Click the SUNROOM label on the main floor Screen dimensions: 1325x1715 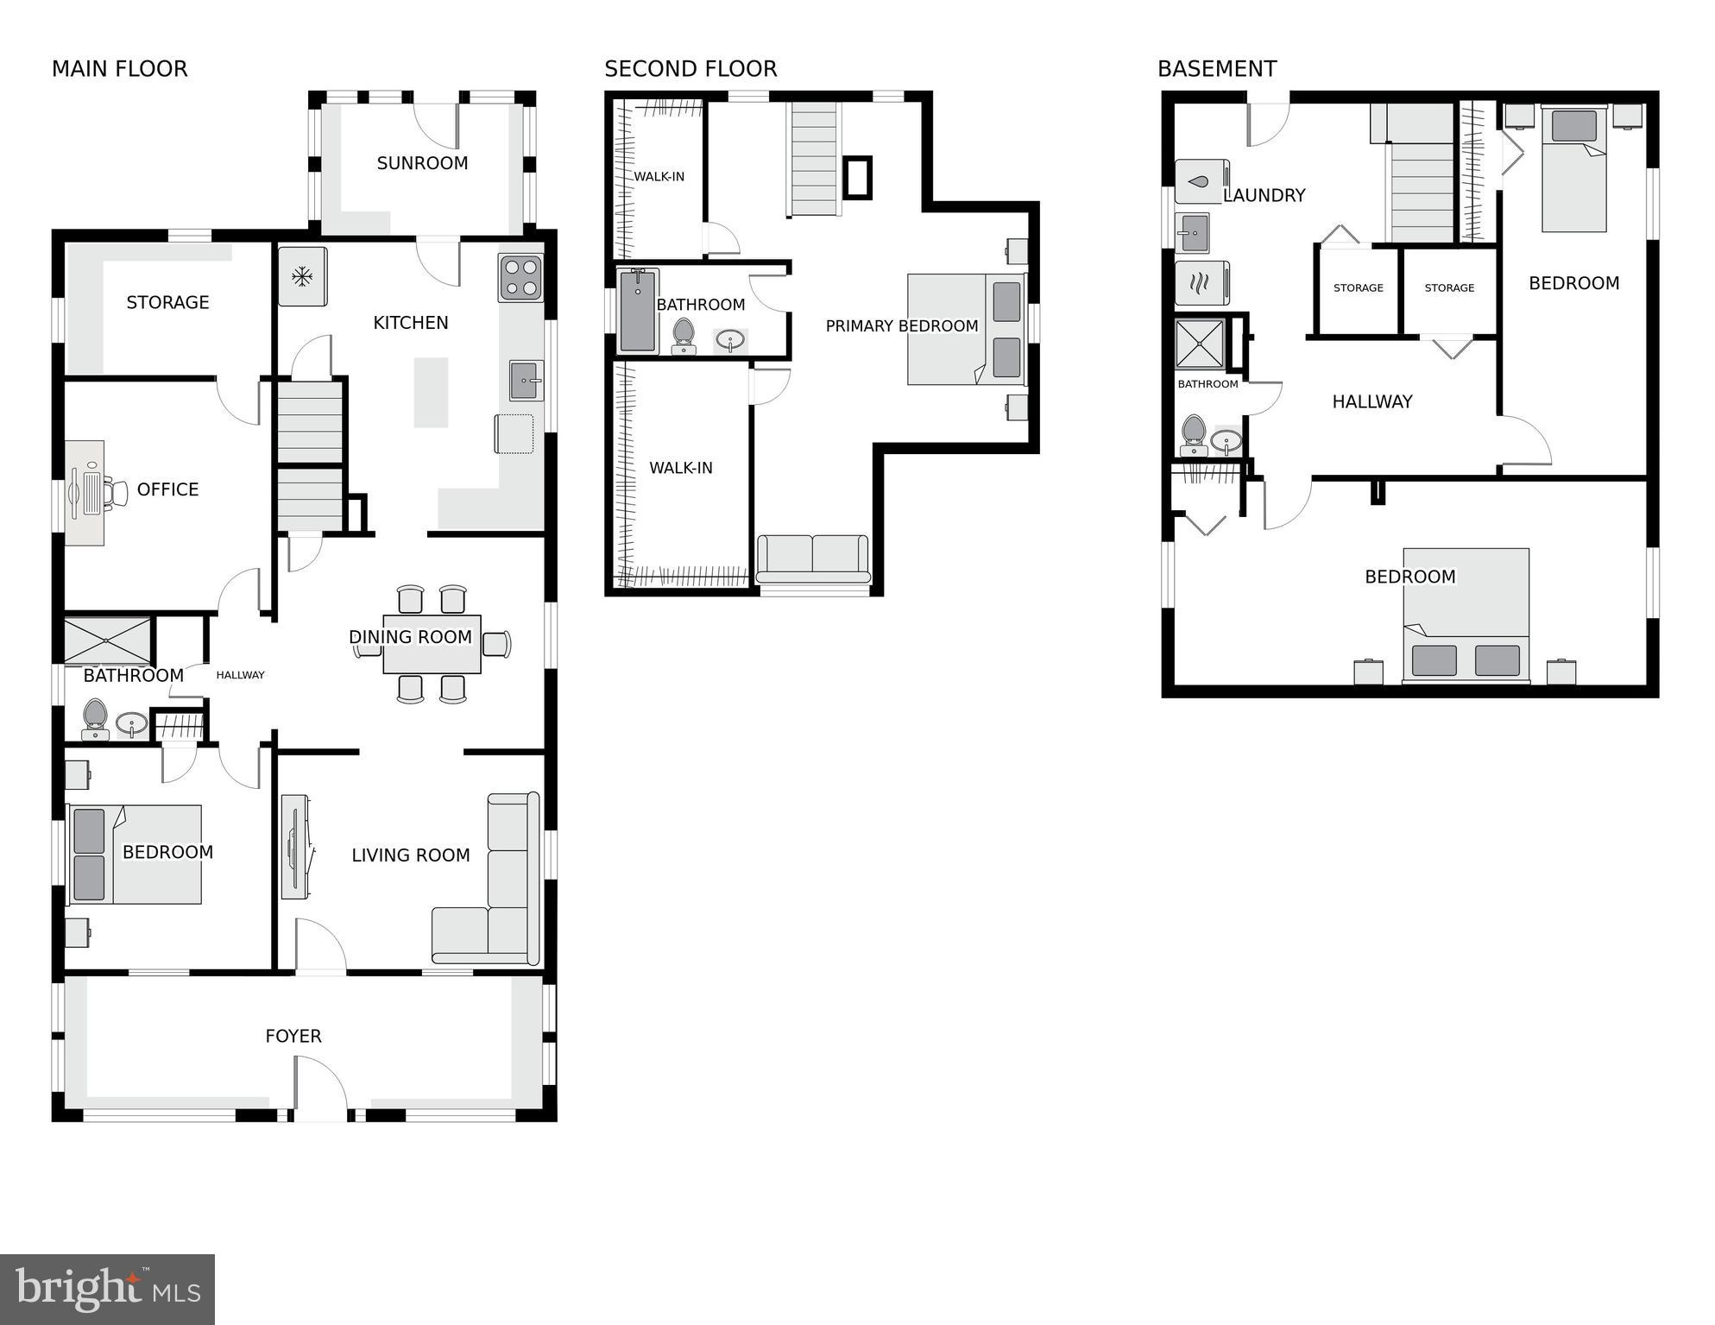pos(422,163)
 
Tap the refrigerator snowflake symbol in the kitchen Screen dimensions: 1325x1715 pos(302,277)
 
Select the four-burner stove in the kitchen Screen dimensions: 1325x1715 pos(520,278)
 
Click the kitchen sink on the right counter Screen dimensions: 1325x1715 pos(526,381)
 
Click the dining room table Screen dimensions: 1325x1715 pos(432,644)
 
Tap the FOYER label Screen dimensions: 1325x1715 pos(293,1036)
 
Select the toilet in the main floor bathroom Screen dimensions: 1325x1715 pos(95,719)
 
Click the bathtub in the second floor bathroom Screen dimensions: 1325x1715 pos(638,311)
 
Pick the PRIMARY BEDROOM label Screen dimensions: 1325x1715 pos(901,326)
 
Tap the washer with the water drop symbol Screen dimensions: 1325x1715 pos(1201,182)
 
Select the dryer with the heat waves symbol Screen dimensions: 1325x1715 pos(1201,283)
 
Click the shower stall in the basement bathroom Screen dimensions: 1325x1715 pos(1200,344)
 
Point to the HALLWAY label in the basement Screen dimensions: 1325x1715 pos(1371,401)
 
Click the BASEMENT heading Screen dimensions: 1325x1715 pos(1216,69)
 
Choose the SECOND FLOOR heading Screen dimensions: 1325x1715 pos(690,69)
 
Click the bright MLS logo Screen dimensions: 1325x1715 pos(107,1290)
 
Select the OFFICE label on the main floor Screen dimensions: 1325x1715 pos(167,489)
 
